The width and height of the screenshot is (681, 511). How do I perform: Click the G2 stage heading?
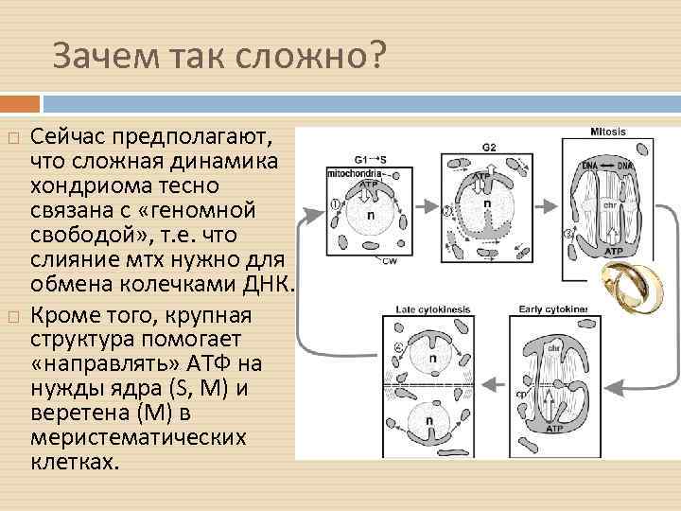488,147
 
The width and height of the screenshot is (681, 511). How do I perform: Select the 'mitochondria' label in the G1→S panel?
354,174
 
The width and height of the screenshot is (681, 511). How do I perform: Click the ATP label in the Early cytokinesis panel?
556,429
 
